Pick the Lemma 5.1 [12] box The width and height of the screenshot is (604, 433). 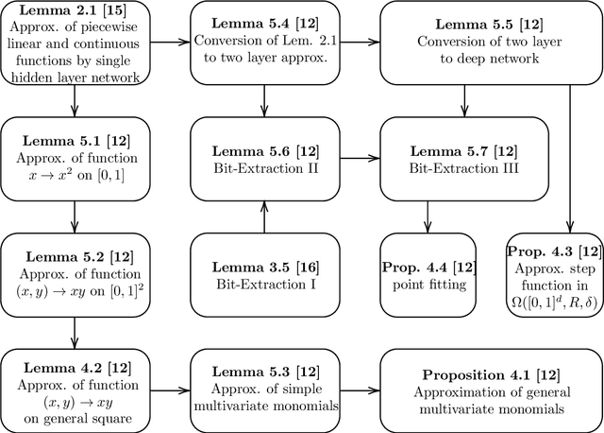[x=75, y=157]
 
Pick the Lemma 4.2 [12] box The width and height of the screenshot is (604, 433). [x=75, y=389]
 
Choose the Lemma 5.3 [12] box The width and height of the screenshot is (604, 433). [x=264, y=389]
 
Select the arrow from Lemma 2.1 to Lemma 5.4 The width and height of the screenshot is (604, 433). [x=169, y=43]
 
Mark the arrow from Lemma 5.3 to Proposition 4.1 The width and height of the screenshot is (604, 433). [x=359, y=389]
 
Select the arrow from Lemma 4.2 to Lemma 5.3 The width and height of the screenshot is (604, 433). [x=170, y=389]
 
